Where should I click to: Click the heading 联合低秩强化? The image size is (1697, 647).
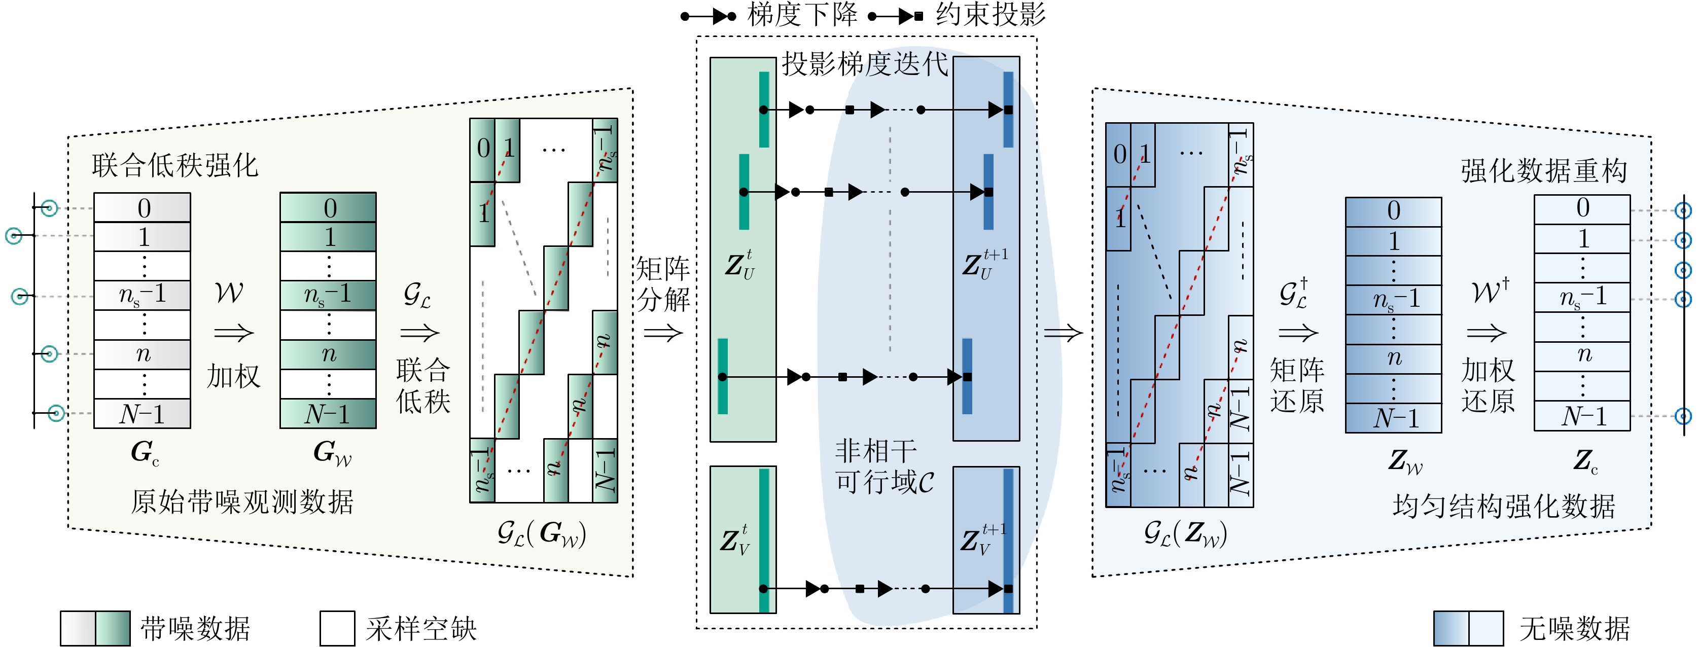point(174,165)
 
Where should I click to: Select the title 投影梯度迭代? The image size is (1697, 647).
point(864,64)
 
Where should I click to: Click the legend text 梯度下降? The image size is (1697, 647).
point(802,15)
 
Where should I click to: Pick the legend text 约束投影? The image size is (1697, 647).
point(990,15)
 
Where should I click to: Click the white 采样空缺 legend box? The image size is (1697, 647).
point(337,628)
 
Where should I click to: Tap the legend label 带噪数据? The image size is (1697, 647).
point(195,628)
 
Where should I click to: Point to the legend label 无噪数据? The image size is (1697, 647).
point(1574,628)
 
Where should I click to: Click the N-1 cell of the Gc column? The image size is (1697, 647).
point(143,414)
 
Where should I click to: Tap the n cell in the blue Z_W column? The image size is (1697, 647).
point(1393,358)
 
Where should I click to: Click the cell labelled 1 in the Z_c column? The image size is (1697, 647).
point(1582,238)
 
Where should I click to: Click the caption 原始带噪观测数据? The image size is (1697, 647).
point(242,502)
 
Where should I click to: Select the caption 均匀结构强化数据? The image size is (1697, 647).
point(1504,506)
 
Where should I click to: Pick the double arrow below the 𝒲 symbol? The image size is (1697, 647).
point(234,333)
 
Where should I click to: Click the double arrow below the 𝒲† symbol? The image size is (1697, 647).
point(1487,333)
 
